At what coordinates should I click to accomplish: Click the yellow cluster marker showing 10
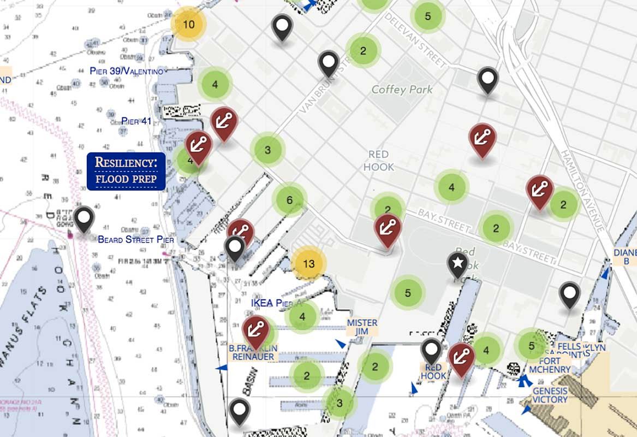(188, 24)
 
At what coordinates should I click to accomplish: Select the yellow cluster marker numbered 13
(308, 264)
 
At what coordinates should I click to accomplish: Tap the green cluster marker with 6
(289, 200)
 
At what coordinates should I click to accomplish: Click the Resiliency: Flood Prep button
(126, 171)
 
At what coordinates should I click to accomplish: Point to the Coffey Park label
(402, 90)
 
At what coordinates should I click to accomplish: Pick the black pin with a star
(458, 264)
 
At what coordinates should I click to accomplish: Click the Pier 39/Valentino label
(126, 71)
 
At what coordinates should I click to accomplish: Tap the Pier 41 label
(136, 121)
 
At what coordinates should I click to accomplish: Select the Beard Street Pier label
(136, 239)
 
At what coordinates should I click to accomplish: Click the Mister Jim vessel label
(362, 327)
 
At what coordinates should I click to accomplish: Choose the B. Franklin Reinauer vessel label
(253, 352)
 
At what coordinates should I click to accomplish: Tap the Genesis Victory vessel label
(550, 395)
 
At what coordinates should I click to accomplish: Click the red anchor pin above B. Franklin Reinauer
(255, 329)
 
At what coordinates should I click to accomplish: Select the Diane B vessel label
(625, 257)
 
